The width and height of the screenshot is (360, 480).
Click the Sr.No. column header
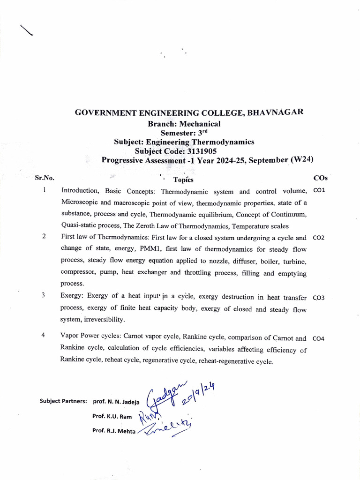click(45, 178)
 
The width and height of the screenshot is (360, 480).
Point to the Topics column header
click(183, 180)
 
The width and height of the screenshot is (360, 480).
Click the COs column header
click(320, 178)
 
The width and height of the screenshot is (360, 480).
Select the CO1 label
click(318, 191)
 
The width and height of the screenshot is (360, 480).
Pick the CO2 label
click(318, 238)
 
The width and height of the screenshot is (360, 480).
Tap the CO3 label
click(318, 298)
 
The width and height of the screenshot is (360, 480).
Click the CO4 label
click(318, 338)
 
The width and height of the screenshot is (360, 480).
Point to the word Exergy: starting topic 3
click(71, 297)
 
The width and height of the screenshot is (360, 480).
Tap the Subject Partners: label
click(64, 402)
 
